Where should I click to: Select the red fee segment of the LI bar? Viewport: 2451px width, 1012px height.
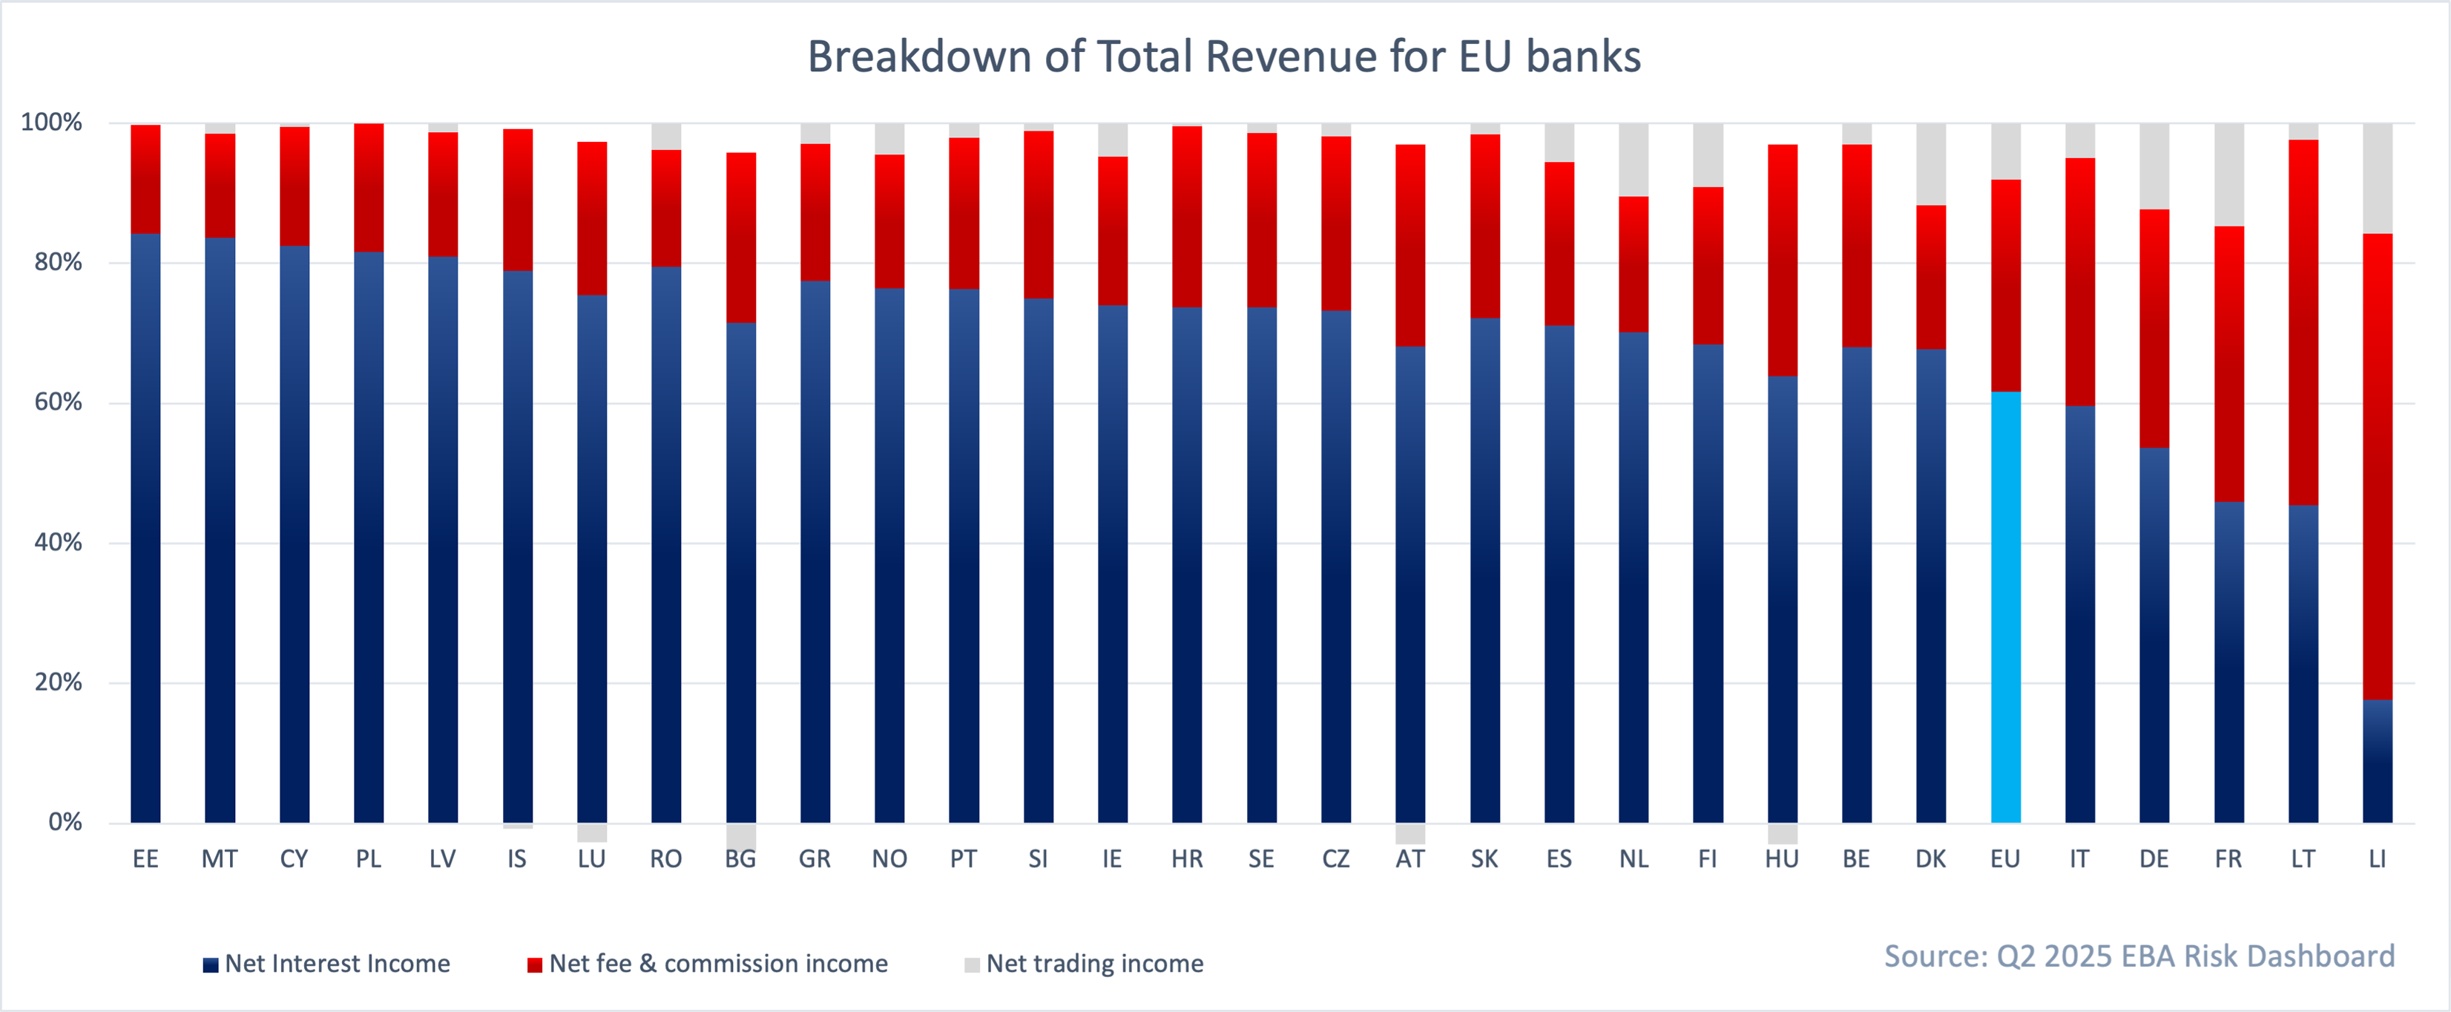2377,466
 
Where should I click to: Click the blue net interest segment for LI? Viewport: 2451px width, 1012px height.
2377,762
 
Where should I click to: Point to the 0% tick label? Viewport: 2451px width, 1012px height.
65,823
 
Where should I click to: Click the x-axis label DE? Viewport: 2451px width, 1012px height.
2154,860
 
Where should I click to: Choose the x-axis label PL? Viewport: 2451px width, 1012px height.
368,860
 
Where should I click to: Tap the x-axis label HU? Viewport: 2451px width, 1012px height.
1781,860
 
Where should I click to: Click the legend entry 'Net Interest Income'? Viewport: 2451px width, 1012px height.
337,964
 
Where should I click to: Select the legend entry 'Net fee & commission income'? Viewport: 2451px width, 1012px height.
718,964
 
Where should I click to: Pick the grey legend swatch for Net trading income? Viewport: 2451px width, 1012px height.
972,964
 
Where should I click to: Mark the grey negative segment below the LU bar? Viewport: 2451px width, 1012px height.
592,832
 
